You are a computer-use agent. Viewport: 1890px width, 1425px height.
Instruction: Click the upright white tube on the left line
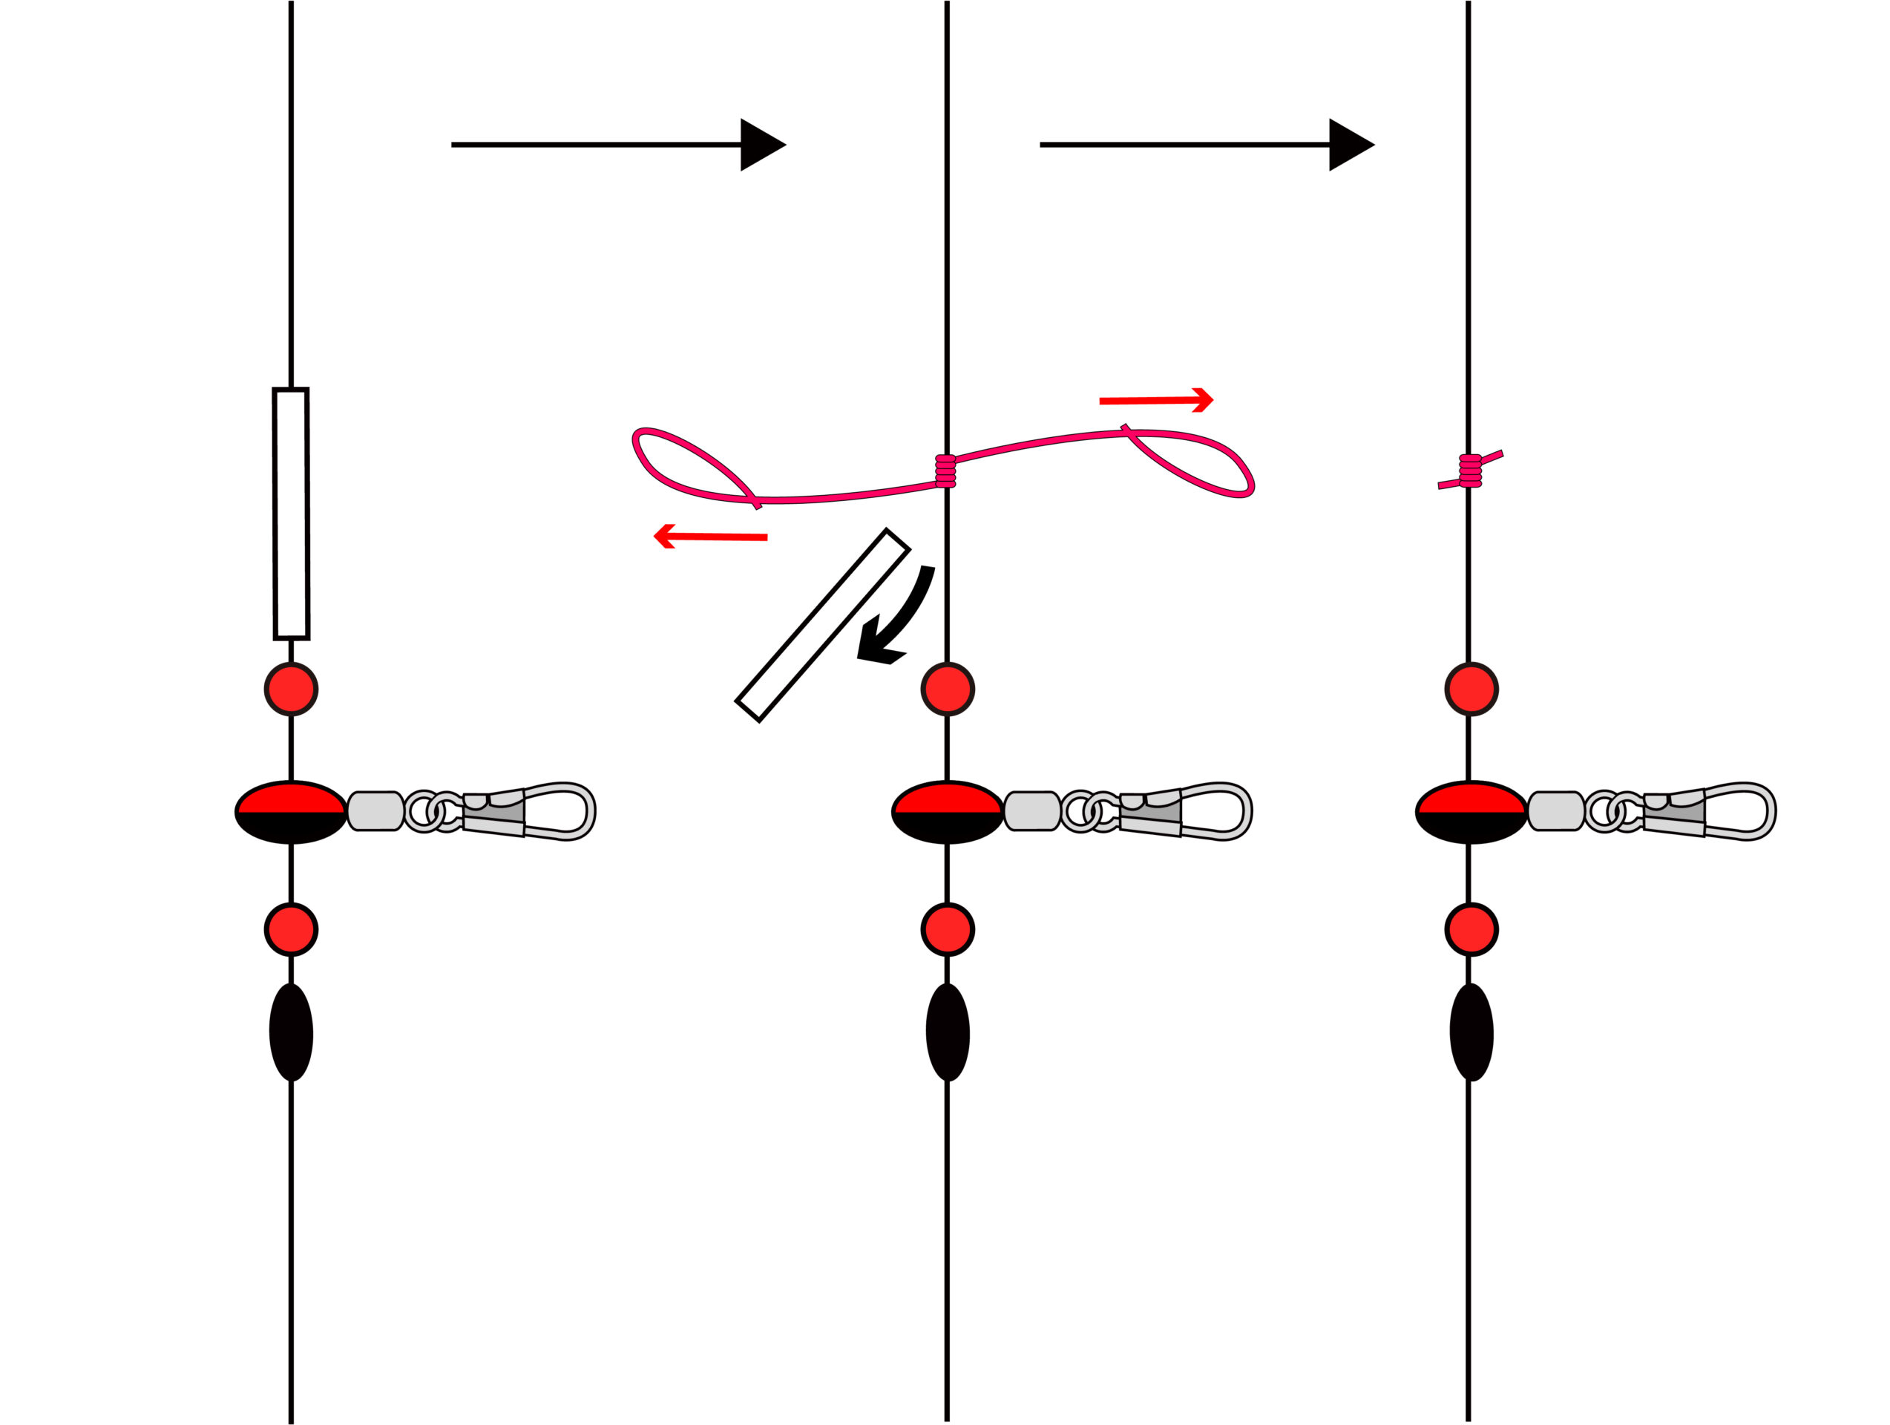[x=292, y=514]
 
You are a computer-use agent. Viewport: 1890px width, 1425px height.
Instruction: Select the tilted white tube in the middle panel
[x=822, y=625]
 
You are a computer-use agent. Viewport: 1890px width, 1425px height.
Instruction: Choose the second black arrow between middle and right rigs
[x=1206, y=145]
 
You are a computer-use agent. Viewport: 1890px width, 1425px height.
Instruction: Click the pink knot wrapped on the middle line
[x=945, y=471]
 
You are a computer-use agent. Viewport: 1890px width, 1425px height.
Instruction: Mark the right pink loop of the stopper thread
[x=1196, y=462]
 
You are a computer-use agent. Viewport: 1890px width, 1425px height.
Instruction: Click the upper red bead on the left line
[x=292, y=688]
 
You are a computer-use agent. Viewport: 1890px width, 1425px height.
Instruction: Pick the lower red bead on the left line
[x=292, y=929]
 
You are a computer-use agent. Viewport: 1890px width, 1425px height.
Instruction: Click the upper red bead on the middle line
[x=948, y=688]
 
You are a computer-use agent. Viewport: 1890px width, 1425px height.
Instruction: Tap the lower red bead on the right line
[x=1471, y=929]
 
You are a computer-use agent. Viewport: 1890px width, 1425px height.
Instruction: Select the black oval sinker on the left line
[x=292, y=1032]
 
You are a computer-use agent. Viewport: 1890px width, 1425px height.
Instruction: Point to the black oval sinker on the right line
[x=1471, y=1032]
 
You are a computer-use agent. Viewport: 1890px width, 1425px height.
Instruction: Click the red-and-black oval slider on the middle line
[x=948, y=812]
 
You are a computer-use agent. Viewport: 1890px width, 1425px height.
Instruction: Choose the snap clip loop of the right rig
[x=1742, y=811]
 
